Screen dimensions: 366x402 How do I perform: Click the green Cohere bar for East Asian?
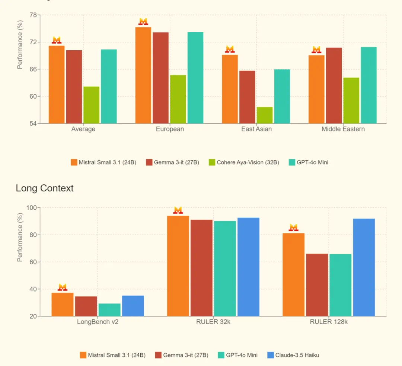264,115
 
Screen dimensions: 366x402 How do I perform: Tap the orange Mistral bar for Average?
57,85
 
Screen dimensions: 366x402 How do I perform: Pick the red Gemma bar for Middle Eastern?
334,85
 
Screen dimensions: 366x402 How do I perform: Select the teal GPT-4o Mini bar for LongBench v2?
109,310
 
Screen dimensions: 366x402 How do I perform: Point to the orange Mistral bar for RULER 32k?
178,266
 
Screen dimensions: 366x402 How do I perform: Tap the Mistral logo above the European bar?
143,22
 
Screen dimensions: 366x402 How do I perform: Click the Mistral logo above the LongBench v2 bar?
63,287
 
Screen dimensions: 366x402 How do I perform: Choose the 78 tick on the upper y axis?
33,15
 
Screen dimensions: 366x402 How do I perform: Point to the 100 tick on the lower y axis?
31,207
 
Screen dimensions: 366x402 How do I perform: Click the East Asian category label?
256,129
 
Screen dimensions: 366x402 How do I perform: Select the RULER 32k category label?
213,322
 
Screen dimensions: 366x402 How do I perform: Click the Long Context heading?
45,188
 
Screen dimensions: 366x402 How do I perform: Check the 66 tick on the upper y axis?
33,69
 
